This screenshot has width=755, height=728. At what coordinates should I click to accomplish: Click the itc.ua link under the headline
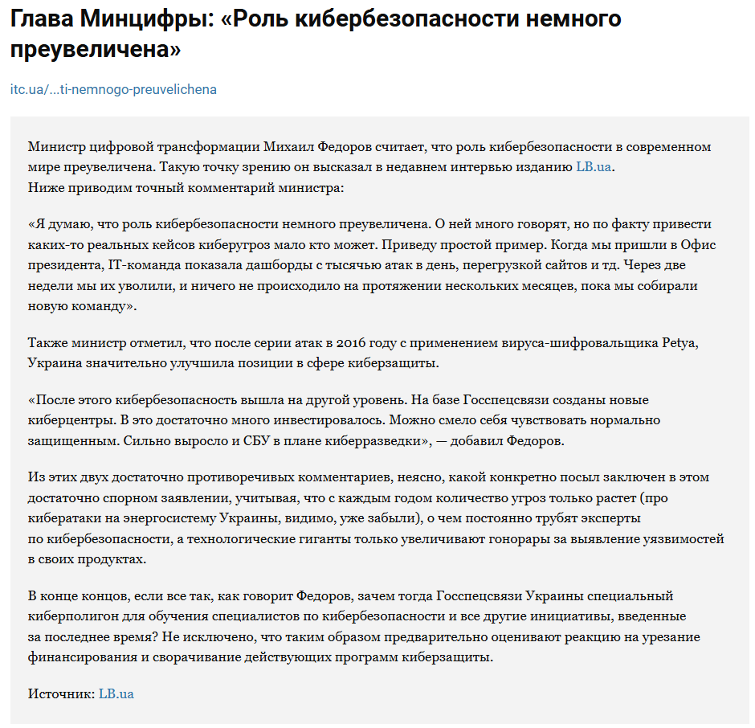[x=113, y=89]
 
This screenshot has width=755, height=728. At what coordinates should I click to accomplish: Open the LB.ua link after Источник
[x=116, y=693]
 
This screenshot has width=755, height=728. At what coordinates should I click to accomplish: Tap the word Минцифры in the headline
[x=141, y=18]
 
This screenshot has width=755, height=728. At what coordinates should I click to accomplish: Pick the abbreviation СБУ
[x=242, y=441]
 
